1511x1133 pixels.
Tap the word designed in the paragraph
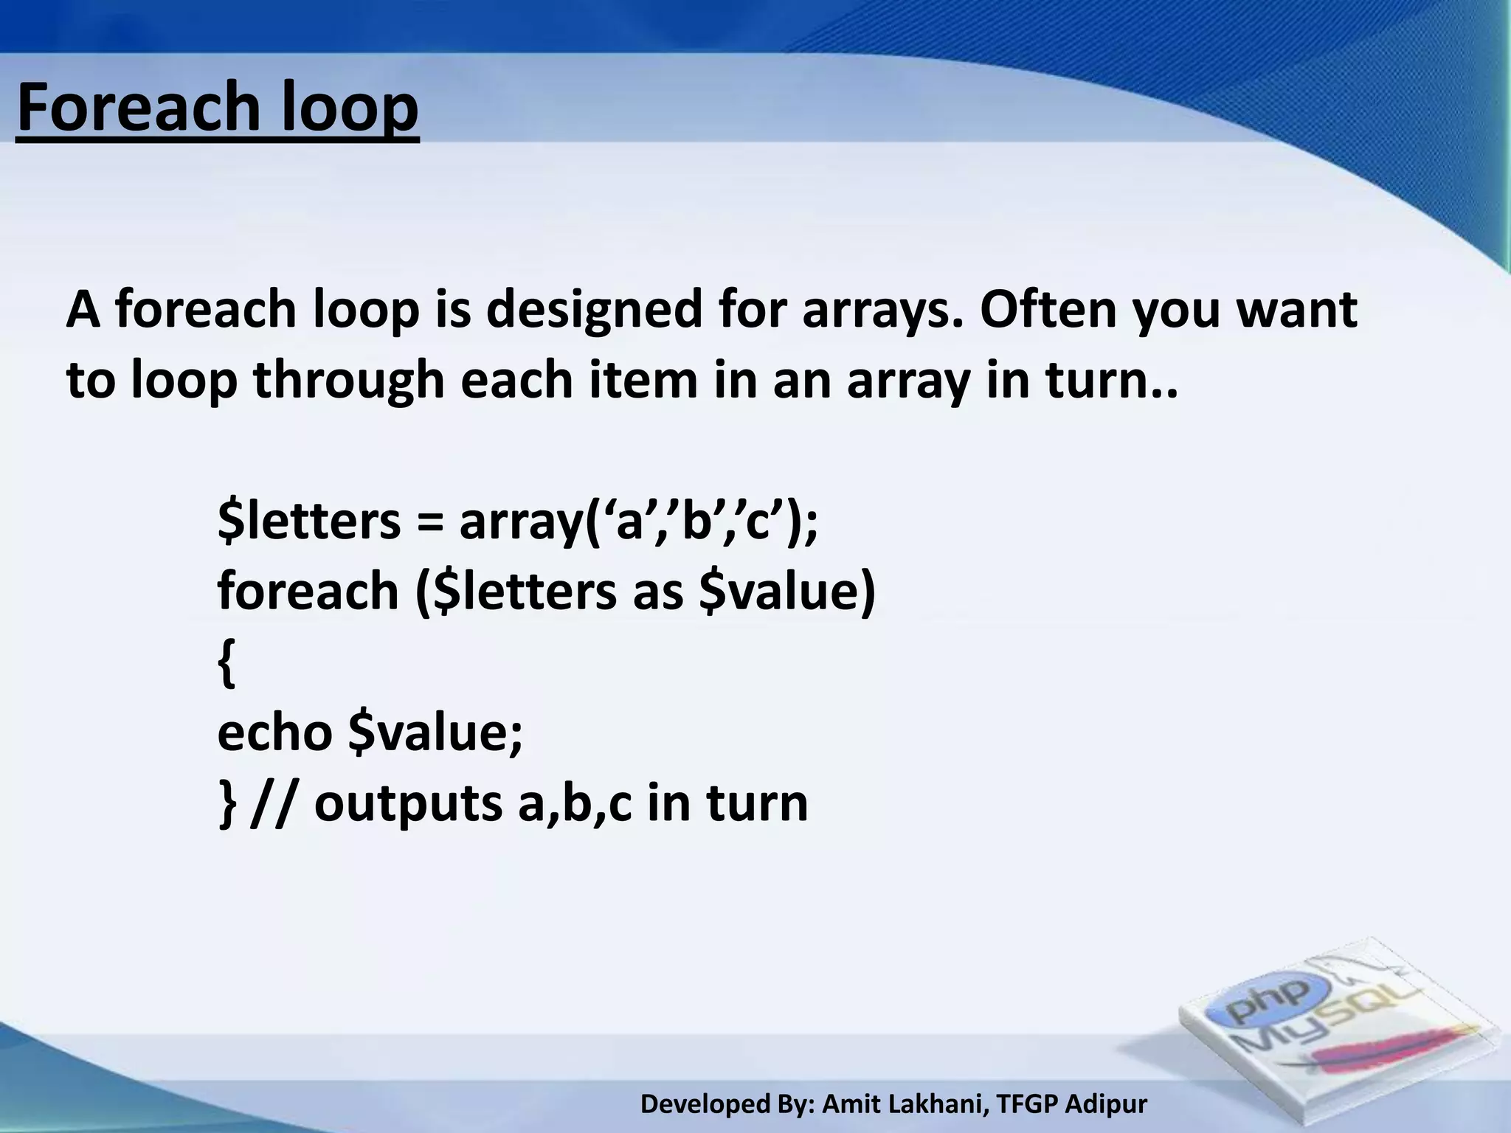click(593, 310)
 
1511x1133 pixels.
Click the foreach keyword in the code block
click(308, 591)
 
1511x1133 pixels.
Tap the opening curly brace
click(227, 663)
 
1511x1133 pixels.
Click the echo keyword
click(274, 732)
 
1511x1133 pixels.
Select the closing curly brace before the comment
click(227, 804)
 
